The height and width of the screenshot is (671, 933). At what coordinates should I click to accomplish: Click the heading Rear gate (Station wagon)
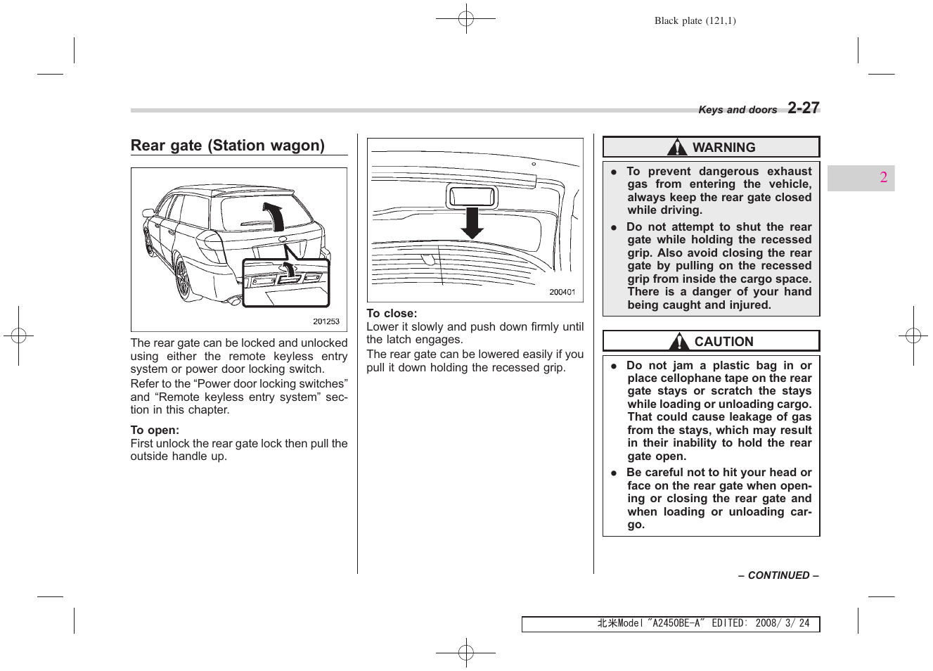[x=227, y=146]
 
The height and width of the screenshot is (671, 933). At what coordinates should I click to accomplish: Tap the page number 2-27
[x=803, y=108]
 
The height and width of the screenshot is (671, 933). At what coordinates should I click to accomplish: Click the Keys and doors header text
[x=737, y=110]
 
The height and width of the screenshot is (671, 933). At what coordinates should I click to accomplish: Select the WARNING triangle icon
[x=677, y=147]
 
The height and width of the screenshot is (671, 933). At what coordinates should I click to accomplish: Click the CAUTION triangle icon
[x=679, y=342]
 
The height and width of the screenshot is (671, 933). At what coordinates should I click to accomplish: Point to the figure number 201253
[x=326, y=321]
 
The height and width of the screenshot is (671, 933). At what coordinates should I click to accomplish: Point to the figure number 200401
[x=562, y=292]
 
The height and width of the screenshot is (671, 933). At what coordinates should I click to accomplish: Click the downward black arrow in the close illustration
[x=472, y=224]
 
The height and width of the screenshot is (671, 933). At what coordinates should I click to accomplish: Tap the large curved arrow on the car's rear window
[x=274, y=215]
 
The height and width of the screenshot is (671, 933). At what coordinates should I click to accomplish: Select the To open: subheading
[x=155, y=430]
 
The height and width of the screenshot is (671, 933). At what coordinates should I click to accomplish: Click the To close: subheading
[x=392, y=314]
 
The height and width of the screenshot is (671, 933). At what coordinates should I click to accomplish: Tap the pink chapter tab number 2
[x=883, y=177]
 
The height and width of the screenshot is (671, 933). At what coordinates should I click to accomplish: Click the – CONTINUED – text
[x=778, y=575]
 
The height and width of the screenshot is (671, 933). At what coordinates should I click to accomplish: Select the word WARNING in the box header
[x=723, y=148]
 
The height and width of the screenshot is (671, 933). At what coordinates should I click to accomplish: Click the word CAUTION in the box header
[x=723, y=342]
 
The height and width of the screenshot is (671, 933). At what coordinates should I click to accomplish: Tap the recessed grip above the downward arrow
[x=472, y=196]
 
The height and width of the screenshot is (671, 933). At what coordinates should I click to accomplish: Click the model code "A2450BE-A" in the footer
[x=676, y=623]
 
